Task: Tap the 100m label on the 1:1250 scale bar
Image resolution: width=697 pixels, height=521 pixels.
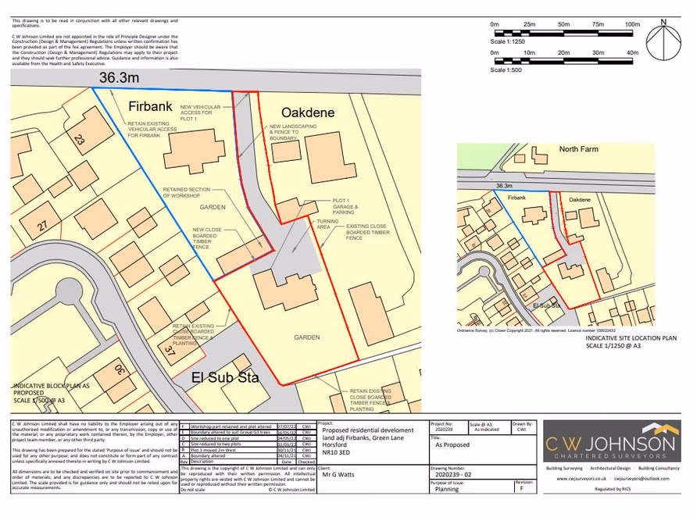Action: pos(632,25)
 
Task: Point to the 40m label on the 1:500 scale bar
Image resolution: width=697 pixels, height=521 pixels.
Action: pos(632,52)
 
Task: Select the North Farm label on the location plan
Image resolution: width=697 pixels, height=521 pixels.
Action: pos(577,148)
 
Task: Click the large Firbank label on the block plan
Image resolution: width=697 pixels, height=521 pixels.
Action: pos(150,105)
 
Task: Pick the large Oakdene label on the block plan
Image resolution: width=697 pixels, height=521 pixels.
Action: pos(307,112)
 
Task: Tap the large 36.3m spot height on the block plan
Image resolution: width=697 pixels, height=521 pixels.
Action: pos(119,77)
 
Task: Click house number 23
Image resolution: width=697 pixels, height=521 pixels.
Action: pos(79,141)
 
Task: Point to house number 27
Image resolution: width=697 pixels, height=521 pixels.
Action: pos(41,227)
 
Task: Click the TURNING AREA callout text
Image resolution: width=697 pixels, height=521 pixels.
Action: pos(327,224)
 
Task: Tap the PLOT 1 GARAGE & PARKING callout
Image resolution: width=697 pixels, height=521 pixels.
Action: pos(344,206)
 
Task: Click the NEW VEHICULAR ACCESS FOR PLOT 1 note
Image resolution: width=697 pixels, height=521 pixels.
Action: pos(196,112)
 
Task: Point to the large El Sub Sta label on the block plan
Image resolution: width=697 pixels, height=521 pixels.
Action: pos(225,378)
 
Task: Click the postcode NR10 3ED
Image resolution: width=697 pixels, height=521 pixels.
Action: pos(336,451)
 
